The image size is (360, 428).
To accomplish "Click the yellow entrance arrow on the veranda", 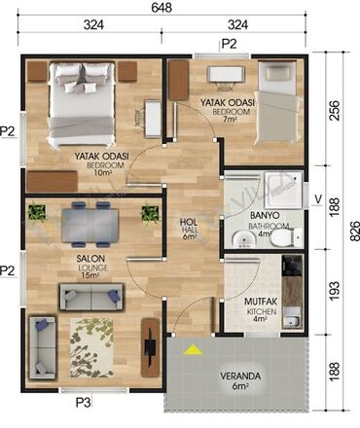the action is pyautogui.click(x=193, y=350).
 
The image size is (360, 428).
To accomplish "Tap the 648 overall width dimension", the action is pyautogui.click(x=162, y=8).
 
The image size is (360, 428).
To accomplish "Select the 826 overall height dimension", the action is pyautogui.click(x=355, y=231).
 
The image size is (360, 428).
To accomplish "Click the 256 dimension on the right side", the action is pyautogui.click(x=335, y=111).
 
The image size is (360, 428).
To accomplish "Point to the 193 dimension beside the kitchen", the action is pyautogui.click(x=335, y=290).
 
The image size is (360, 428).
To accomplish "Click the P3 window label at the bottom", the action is pyautogui.click(x=84, y=403).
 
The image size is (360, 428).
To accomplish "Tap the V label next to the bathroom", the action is pyautogui.click(x=318, y=199).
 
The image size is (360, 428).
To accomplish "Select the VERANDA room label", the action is pyautogui.click(x=240, y=376).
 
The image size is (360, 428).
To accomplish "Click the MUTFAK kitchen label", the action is pyautogui.click(x=261, y=302).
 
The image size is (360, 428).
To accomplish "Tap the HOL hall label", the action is pyautogui.click(x=189, y=222).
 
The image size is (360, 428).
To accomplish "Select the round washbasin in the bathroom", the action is pyautogui.click(x=243, y=239).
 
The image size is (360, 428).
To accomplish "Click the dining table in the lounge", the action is pyautogui.click(x=90, y=226).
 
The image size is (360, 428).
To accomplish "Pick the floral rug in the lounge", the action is pyautogui.click(x=91, y=348).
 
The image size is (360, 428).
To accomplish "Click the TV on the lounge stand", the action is pyautogui.click(x=149, y=348).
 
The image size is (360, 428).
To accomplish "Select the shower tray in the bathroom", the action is pyautogui.click(x=283, y=190).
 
